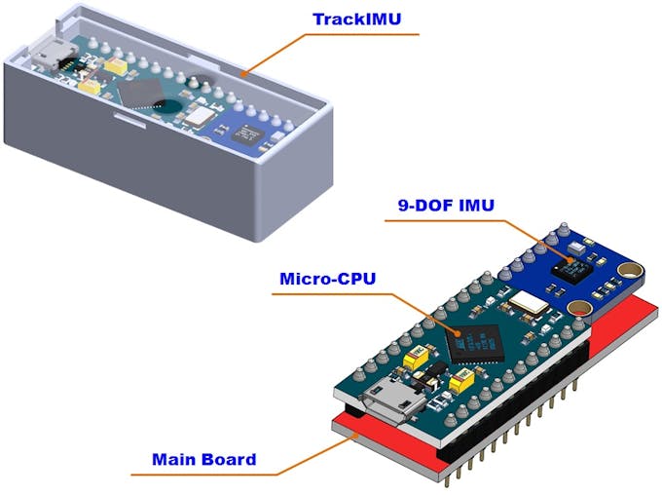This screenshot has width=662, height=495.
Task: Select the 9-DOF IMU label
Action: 446,206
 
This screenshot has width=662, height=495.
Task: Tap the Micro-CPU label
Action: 327,280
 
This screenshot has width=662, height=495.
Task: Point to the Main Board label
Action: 203,459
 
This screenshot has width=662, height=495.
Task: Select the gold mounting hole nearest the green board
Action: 585,310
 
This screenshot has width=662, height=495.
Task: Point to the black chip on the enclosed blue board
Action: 249,133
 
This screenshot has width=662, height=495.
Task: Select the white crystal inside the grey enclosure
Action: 202,117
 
